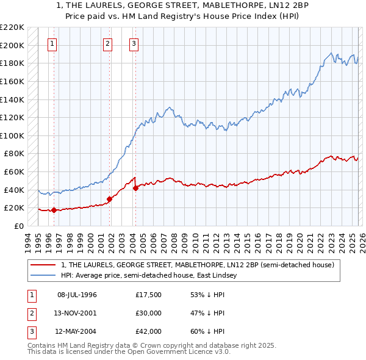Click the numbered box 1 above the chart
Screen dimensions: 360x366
click(x=53, y=43)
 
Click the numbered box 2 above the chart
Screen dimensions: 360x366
click(x=107, y=43)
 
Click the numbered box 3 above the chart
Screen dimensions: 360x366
click(x=134, y=43)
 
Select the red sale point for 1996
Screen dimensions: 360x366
click(x=54, y=210)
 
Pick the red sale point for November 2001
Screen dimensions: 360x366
click(x=110, y=198)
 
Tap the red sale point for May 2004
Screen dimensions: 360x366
click(x=135, y=188)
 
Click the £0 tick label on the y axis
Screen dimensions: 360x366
click(x=19, y=226)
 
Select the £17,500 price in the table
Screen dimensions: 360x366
click(x=149, y=295)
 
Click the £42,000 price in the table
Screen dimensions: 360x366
click(x=149, y=331)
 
